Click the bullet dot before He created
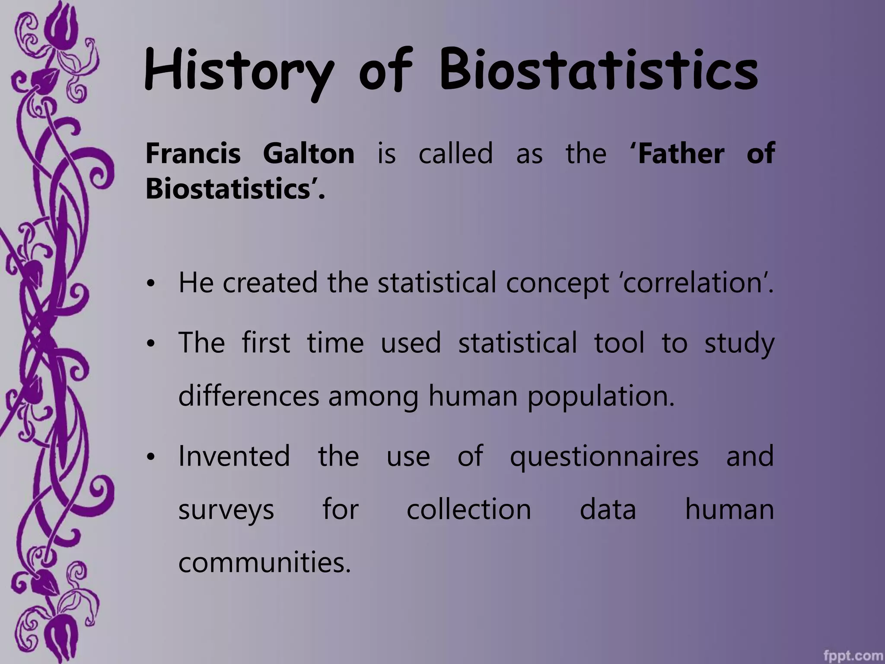[x=150, y=284]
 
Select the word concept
[x=557, y=283]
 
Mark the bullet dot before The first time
[x=150, y=344]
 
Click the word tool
[x=619, y=342]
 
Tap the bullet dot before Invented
[x=150, y=457]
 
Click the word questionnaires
[x=604, y=456]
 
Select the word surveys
[x=226, y=510]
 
